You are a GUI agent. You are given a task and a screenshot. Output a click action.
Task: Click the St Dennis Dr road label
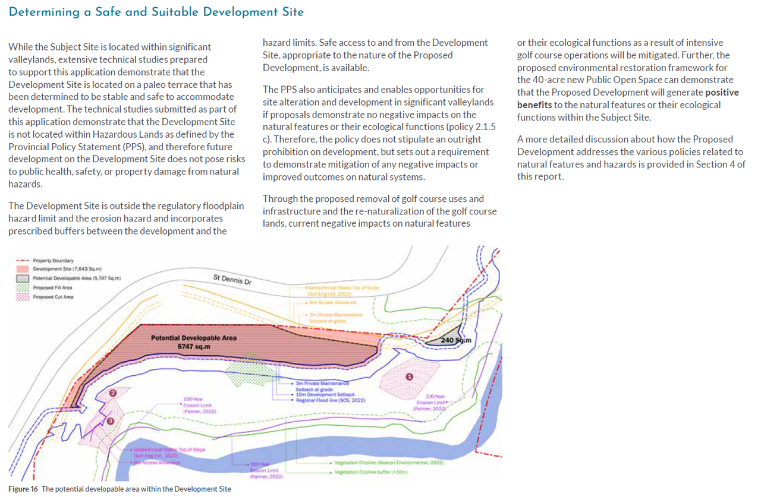click(232, 279)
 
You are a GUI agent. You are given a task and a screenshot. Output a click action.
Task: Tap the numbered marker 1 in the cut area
click(408, 376)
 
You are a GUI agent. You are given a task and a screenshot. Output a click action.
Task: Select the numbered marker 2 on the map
click(113, 392)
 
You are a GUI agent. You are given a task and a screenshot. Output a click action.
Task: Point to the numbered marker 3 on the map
click(110, 420)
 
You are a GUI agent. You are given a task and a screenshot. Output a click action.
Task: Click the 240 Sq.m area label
click(455, 340)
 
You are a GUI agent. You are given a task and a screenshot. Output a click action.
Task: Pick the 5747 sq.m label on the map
click(194, 346)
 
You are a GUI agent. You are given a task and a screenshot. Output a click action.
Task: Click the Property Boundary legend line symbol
click(23, 261)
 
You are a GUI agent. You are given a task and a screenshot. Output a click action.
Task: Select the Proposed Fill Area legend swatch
click(23, 287)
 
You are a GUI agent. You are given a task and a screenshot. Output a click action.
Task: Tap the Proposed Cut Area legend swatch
click(23, 296)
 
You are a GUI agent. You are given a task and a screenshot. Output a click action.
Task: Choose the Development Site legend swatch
click(23, 270)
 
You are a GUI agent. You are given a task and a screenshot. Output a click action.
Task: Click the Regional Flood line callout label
click(330, 400)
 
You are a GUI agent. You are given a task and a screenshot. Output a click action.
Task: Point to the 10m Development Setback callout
click(325, 394)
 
